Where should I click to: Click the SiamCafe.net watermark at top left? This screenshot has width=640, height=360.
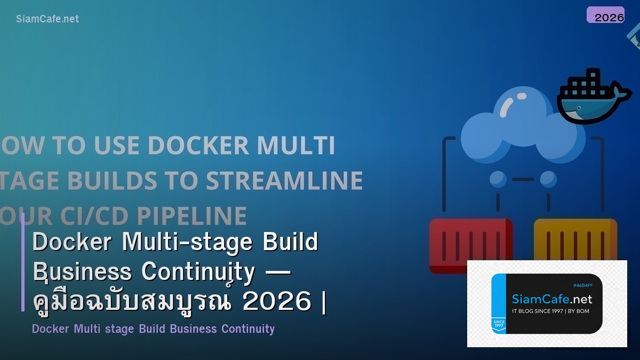point(47,19)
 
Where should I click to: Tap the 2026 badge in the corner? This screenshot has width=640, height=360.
point(606,15)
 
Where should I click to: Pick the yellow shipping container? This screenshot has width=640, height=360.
point(575,239)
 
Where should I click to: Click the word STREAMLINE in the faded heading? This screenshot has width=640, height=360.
point(284,181)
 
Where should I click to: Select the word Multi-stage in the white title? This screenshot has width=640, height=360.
point(187,242)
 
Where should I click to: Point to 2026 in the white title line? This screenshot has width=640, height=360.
point(276,301)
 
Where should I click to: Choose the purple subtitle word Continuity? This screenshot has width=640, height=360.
point(248,329)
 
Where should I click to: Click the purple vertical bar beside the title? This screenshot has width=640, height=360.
point(23,261)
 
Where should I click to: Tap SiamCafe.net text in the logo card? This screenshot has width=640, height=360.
point(551,299)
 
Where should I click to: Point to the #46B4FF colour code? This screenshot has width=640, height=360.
point(582,285)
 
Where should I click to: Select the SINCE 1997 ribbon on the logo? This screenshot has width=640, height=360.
point(499,325)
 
